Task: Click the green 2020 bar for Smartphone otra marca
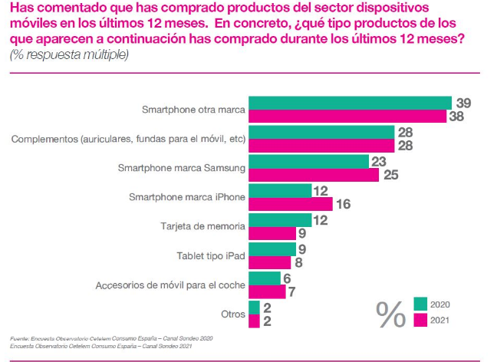[349, 103]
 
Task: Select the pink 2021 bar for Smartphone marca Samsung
[314, 175]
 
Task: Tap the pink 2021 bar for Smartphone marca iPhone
[290, 204]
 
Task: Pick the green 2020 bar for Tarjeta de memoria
[280, 219]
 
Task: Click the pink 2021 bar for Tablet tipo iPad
[269, 262]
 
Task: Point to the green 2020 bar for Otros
[253, 307]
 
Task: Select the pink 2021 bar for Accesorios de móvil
[267, 291]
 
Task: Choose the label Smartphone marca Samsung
[182, 168]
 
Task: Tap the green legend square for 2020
[420, 304]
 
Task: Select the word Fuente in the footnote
[19, 339]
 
